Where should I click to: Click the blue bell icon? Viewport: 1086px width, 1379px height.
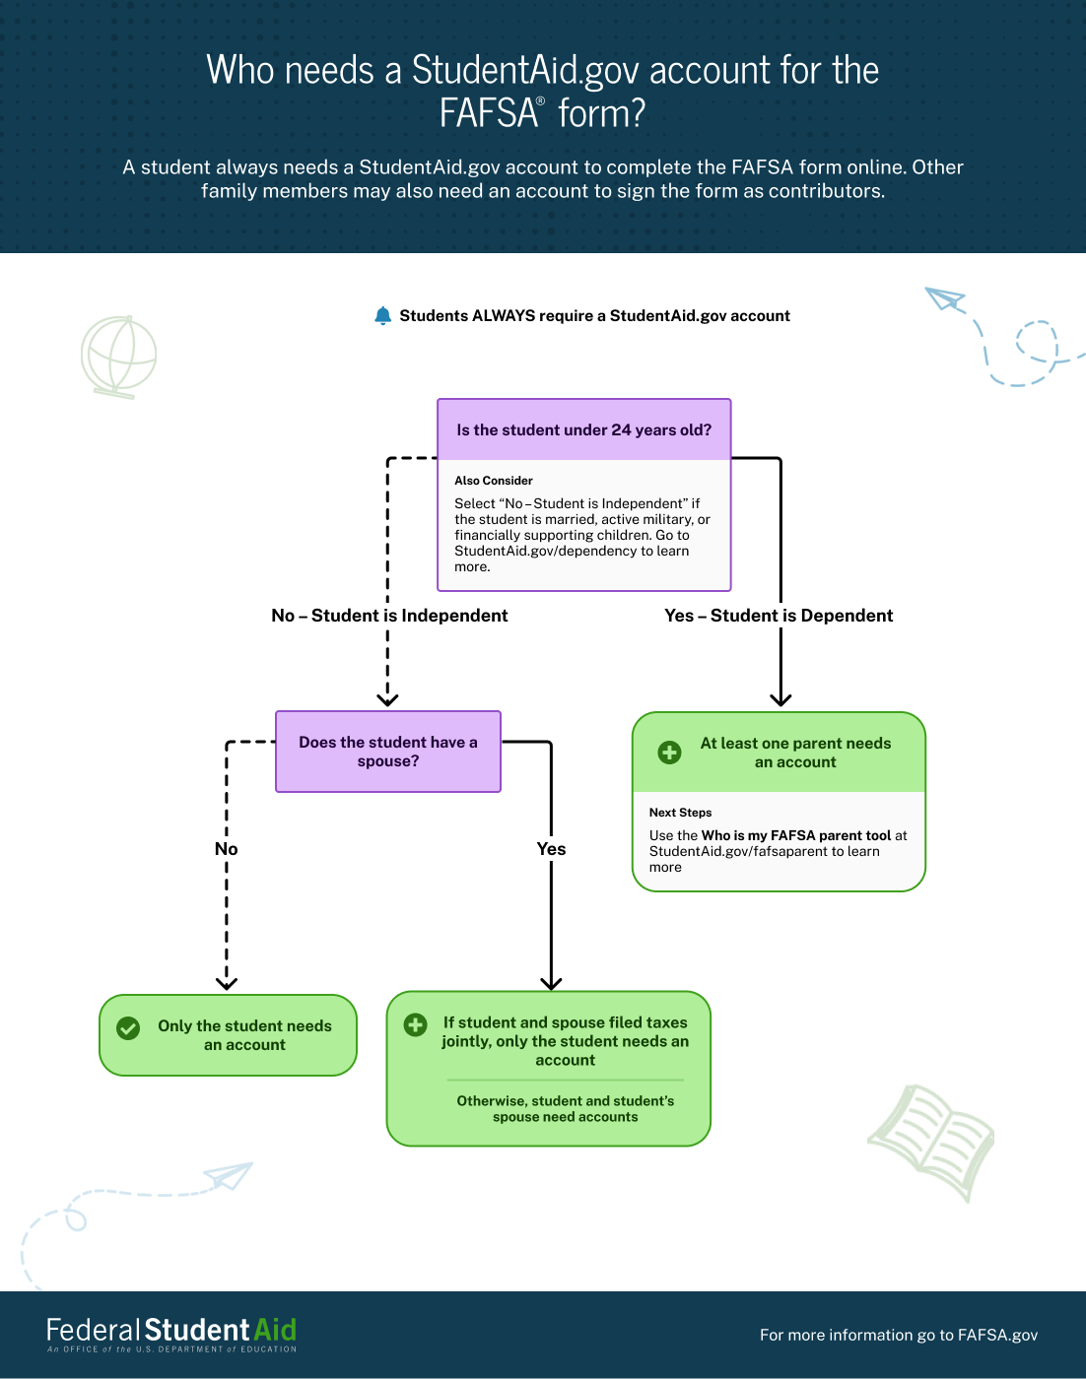(383, 315)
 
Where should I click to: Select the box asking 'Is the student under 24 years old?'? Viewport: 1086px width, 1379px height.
(583, 430)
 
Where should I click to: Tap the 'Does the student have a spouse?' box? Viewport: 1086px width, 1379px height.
(388, 752)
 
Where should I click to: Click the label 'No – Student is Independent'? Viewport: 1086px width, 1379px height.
(389, 616)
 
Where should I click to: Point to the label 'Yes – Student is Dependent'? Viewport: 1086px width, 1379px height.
(779, 616)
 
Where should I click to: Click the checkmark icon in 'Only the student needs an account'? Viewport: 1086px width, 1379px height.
(128, 1028)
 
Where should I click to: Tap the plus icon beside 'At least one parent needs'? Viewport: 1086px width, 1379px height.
(669, 753)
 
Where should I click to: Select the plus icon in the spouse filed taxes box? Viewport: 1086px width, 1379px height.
(416, 1024)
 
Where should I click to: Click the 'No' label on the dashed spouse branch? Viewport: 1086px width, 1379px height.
(227, 849)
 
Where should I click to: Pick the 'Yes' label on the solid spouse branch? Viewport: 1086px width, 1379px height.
(551, 849)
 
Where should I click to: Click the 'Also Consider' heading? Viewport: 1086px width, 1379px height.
(494, 481)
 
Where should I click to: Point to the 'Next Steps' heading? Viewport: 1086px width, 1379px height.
(680, 813)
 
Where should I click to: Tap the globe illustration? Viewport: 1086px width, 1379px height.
(118, 357)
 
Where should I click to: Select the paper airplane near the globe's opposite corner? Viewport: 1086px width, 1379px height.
(945, 299)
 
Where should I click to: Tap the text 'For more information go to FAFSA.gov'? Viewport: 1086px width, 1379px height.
(898, 1335)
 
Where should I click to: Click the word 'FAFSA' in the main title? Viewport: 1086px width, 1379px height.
(488, 114)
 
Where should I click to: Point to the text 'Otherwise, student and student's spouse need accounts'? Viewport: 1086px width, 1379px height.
(566, 1109)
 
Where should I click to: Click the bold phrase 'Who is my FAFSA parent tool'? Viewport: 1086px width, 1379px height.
(796, 835)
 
